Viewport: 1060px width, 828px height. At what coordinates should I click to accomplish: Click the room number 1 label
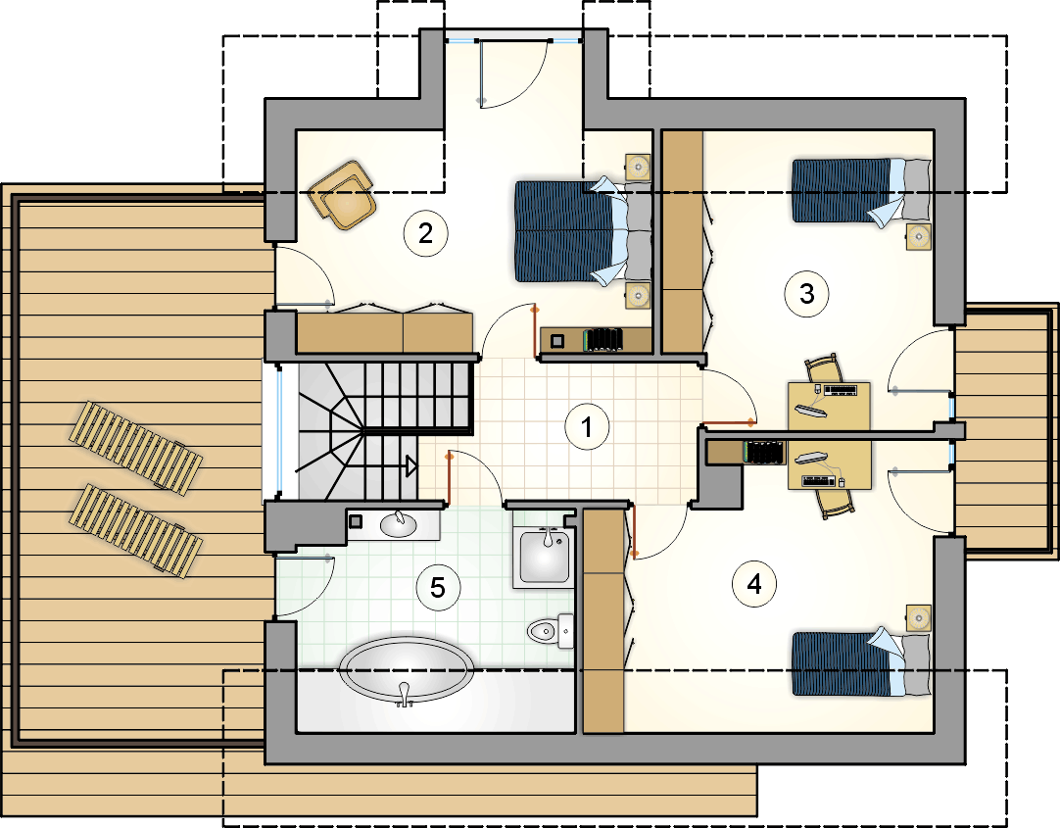click(x=586, y=426)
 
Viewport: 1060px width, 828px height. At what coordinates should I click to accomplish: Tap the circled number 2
click(x=425, y=233)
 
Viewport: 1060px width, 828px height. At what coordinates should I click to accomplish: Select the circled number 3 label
click(x=806, y=294)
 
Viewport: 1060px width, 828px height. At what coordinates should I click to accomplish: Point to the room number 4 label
click(x=754, y=583)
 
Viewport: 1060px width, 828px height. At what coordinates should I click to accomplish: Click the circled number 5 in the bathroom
click(x=438, y=587)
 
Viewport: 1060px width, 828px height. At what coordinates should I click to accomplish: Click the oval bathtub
click(x=405, y=669)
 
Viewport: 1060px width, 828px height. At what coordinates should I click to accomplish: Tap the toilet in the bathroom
click(x=550, y=631)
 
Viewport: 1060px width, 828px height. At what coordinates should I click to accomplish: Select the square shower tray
click(x=544, y=557)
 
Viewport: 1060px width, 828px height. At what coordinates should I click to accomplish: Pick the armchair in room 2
click(x=343, y=195)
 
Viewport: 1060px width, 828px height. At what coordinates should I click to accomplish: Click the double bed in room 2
click(x=583, y=231)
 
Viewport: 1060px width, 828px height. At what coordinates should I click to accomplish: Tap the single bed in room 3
click(x=861, y=191)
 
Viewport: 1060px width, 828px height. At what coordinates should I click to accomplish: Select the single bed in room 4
click(x=861, y=663)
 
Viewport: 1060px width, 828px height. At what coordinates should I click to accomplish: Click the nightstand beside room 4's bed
click(x=918, y=617)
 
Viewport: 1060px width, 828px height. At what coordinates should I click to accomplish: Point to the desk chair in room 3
click(x=823, y=369)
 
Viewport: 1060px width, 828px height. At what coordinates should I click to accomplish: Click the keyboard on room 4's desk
click(x=819, y=481)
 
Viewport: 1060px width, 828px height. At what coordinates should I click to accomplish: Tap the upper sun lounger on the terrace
click(x=135, y=444)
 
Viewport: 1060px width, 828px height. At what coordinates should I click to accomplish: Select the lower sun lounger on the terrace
click(x=135, y=530)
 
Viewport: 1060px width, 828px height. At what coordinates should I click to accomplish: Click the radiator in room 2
click(x=603, y=339)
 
